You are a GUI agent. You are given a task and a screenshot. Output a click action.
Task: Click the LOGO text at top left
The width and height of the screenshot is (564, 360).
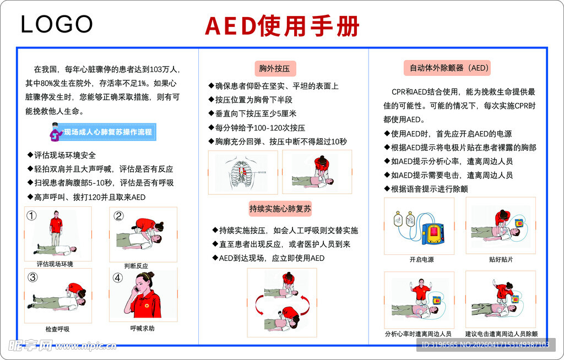(56, 24)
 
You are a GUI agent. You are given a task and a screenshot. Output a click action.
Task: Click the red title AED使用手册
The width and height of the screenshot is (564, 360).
(282, 26)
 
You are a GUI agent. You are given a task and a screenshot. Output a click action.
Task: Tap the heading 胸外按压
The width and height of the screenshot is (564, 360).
(275, 69)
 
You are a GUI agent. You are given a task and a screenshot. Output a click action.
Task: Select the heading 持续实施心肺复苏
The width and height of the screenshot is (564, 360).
(280, 209)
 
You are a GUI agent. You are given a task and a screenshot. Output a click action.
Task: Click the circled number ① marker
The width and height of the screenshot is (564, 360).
(32, 216)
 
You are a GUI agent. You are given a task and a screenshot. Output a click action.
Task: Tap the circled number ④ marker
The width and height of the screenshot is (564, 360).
(117, 277)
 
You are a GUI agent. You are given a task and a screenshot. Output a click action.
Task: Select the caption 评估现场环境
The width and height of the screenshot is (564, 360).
(55, 264)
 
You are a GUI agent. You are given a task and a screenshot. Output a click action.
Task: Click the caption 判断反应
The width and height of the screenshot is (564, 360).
(136, 266)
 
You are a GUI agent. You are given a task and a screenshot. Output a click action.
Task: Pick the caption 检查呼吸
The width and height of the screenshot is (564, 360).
(57, 329)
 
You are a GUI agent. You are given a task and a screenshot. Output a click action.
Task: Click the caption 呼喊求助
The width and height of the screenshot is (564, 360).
(142, 328)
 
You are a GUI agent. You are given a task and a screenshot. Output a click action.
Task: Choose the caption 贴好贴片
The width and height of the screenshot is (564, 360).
(501, 259)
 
